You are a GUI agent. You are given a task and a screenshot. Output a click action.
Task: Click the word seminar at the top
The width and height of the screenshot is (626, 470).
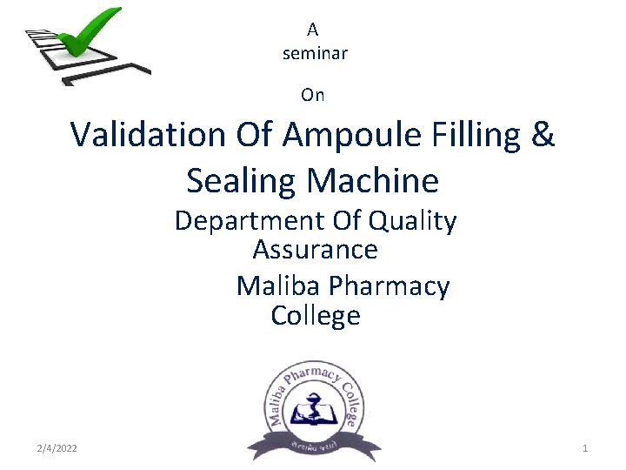click(315, 53)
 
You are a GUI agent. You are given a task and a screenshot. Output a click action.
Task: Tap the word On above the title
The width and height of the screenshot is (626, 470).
click(312, 94)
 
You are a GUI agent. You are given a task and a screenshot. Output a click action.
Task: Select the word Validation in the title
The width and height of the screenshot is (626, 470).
click(147, 135)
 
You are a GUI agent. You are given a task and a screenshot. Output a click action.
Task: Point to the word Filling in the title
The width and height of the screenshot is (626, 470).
click(479, 135)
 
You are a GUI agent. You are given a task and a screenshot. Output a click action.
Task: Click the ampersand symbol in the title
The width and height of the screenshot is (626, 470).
click(542, 135)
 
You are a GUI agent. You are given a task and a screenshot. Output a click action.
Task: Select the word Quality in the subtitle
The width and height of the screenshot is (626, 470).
click(412, 222)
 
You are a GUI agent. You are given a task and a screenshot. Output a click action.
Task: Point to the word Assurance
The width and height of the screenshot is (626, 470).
click(315, 250)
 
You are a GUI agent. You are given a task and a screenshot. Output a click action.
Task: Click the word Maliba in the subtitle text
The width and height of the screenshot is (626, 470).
click(278, 285)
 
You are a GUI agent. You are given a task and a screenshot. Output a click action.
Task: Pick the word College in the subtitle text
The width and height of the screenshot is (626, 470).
click(315, 315)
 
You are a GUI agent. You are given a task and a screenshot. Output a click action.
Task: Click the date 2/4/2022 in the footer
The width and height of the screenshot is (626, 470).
click(57, 448)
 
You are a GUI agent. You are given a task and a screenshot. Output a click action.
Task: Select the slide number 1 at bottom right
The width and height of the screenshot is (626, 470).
click(584, 448)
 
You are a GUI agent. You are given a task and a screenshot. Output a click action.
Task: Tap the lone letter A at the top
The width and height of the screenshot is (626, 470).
click(312, 30)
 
